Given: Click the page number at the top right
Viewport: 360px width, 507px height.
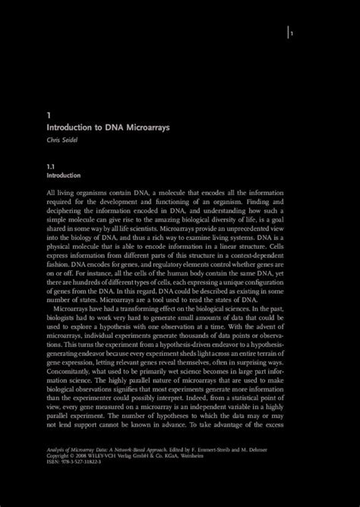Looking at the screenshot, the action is pos(292,33).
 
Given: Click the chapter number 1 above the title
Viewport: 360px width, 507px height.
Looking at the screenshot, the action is pos(49,115).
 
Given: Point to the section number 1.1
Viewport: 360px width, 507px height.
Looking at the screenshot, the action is pos(51,164).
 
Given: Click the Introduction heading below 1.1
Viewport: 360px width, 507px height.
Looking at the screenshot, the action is pos(65,174).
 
